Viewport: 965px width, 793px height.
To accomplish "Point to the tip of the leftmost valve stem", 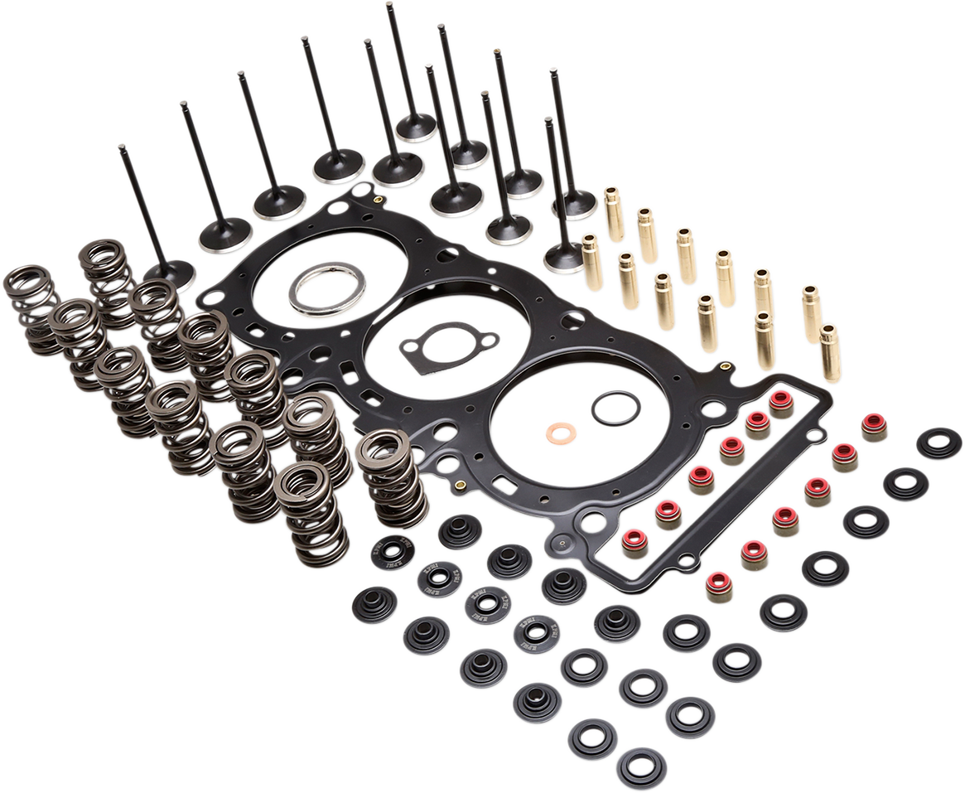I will click(x=122, y=148).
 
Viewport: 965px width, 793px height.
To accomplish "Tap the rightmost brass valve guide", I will click(x=830, y=351).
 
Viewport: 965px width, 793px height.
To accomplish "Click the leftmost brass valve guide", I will click(x=592, y=261).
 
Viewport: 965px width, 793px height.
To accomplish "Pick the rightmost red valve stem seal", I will click(x=875, y=427).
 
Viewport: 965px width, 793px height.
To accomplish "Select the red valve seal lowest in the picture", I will click(x=718, y=586).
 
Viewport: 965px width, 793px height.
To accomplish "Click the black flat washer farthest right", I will click(x=938, y=443).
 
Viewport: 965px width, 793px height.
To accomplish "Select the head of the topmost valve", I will click(x=415, y=127).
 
